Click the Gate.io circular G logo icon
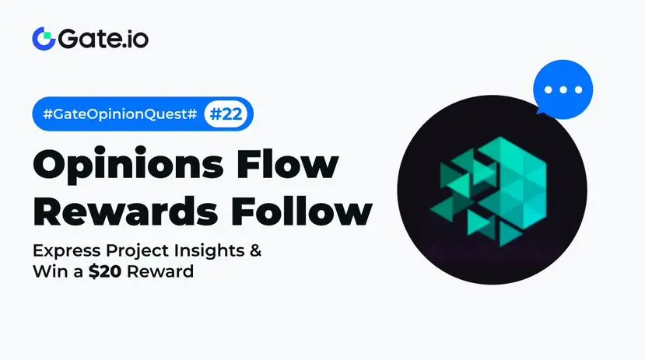(x=44, y=39)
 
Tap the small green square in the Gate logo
(x=47, y=35)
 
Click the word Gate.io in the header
(x=103, y=39)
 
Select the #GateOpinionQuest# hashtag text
(x=120, y=114)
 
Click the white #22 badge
(x=226, y=114)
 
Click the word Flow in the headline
(x=287, y=163)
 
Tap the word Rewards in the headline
(x=125, y=211)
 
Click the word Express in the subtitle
(x=67, y=250)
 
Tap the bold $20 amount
(x=105, y=271)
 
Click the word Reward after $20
(x=160, y=271)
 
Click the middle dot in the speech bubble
(x=563, y=89)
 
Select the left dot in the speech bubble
(x=548, y=89)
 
